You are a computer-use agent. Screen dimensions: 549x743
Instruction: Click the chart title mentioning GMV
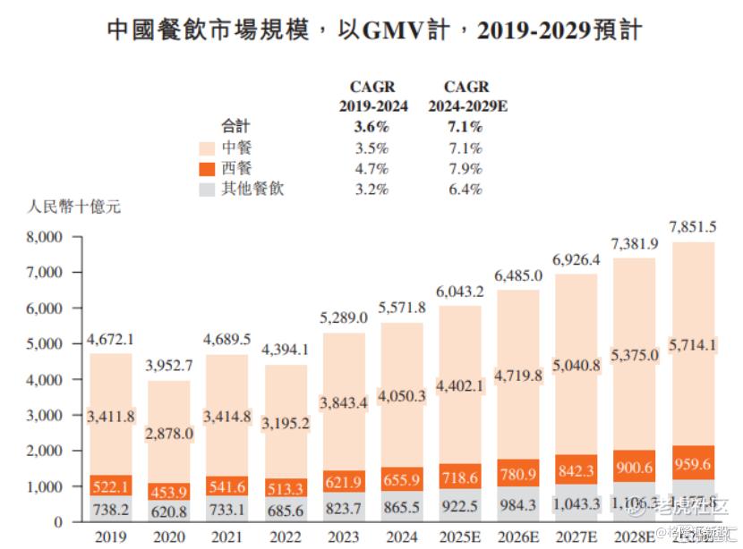pyautogui.click(x=374, y=30)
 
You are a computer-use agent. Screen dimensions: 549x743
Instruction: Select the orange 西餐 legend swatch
pyautogui.click(x=206, y=169)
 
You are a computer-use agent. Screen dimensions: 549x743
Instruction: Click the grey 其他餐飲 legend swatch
pyautogui.click(x=206, y=190)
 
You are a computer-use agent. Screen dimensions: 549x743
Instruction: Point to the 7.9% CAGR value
pyautogui.click(x=464, y=169)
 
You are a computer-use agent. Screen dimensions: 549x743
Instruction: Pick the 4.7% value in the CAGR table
pyautogui.click(x=371, y=169)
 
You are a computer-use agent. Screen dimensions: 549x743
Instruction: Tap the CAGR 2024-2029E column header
pyautogui.click(x=465, y=97)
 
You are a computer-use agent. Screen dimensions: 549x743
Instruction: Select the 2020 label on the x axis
pyautogui.click(x=170, y=536)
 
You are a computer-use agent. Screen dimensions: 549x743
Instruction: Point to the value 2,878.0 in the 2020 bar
pyautogui.click(x=170, y=433)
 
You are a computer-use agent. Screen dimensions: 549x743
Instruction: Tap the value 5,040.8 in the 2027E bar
pyautogui.click(x=577, y=364)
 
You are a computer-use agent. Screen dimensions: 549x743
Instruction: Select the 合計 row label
pyautogui.click(x=236, y=127)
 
